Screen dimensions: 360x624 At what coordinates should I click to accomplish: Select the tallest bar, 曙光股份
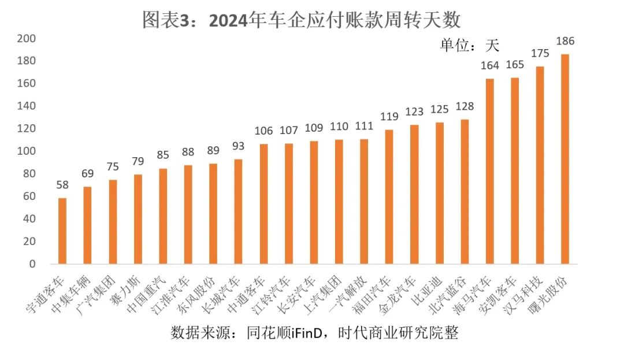click(564, 159)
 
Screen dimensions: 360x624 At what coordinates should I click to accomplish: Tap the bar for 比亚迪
click(439, 194)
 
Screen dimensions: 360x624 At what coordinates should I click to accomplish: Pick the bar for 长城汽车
click(238, 211)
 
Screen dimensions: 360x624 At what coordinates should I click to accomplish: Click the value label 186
click(564, 42)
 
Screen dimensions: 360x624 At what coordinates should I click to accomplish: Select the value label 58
click(62, 185)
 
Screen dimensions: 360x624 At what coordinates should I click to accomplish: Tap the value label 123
click(414, 112)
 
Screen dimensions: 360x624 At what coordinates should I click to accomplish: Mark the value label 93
click(238, 146)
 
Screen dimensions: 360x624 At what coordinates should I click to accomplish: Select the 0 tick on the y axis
click(32, 264)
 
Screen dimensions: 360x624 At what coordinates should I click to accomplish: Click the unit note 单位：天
click(470, 45)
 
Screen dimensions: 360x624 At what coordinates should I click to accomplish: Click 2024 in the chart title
click(227, 21)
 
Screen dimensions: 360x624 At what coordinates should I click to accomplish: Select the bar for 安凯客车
click(514, 171)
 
